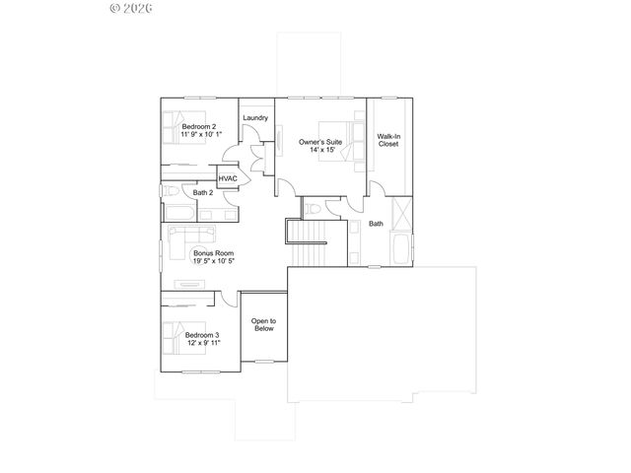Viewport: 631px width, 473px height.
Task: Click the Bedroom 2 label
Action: [x=198, y=126]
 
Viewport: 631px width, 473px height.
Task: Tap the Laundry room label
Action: [x=255, y=118]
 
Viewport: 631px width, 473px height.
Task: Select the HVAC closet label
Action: [x=228, y=178]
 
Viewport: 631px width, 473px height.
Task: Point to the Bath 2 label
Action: [x=203, y=193]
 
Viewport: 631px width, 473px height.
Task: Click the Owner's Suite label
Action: [x=320, y=143]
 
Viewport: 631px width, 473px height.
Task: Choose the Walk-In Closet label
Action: [x=388, y=139]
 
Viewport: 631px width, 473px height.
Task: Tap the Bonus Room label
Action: [x=213, y=253]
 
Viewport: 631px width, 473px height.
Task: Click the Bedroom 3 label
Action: [x=202, y=336]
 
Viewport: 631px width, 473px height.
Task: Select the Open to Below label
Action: [x=262, y=324]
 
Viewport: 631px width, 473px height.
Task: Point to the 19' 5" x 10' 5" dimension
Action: [x=213, y=261]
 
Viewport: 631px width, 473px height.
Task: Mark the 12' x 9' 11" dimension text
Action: [x=202, y=344]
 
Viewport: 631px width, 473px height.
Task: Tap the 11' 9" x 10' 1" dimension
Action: [x=200, y=134]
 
